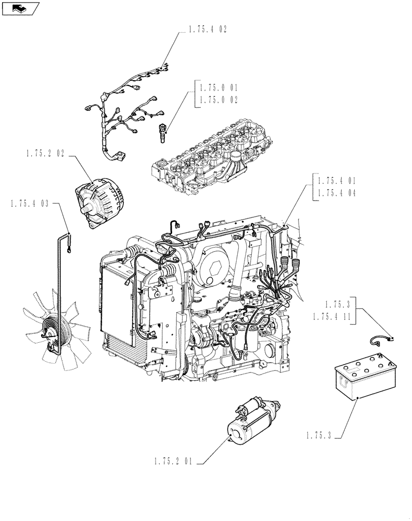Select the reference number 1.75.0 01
click(218, 88)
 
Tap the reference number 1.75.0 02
click(218, 99)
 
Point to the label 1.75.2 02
click(45, 155)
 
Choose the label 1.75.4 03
click(29, 204)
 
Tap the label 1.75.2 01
click(174, 461)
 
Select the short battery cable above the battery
click(382, 340)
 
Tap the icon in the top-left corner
click(20, 7)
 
